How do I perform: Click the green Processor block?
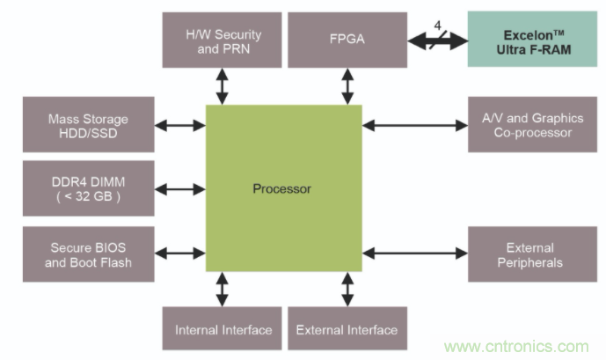tap(283, 188)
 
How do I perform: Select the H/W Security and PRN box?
tap(223, 40)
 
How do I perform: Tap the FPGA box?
tap(347, 40)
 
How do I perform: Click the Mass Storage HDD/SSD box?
tap(88, 127)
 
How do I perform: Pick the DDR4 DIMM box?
tap(88, 188)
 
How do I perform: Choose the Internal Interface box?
tap(223, 330)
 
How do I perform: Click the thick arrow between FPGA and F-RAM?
tap(437, 40)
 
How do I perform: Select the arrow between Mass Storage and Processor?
tap(180, 127)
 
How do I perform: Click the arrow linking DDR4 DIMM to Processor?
tap(180, 188)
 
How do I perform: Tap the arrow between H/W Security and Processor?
tap(223, 85)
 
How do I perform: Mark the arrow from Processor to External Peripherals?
tap(414, 255)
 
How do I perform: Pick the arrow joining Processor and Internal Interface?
tap(223, 289)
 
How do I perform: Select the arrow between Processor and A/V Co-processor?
tap(414, 127)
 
